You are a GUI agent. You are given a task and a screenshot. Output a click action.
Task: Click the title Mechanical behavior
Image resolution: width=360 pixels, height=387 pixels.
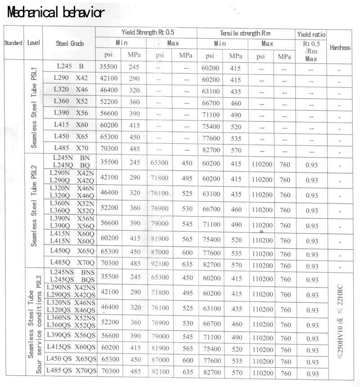click(56, 13)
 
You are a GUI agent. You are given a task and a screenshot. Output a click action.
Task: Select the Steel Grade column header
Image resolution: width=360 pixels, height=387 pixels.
click(70, 44)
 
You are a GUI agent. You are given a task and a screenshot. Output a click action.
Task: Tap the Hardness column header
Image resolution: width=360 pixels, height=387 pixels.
click(340, 48)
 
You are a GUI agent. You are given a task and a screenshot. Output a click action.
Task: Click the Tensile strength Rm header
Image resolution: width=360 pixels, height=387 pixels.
click(246, 33)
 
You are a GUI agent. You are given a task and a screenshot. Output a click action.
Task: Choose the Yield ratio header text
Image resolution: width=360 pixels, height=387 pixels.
click(311, 34)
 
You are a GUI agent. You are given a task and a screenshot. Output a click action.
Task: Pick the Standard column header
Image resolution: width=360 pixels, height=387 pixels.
click(13, 43)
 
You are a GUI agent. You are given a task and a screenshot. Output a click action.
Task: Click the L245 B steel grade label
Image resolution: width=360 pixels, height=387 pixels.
click(70, 66)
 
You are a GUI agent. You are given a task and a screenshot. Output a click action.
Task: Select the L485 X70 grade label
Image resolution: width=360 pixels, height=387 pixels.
click(71, 148)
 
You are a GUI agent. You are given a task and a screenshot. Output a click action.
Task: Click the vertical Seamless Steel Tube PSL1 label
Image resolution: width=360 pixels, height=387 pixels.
click(34, 108)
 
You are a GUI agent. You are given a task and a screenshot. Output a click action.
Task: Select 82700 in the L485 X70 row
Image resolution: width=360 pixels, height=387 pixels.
click(212, 150)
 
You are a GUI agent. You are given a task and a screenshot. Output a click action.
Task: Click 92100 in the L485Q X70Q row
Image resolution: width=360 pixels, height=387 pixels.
click(159, 264)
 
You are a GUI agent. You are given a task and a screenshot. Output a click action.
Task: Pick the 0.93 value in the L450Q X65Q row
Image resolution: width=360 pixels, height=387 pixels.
click(311, 254)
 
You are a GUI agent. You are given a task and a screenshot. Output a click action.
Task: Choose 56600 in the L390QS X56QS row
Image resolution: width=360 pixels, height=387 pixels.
click(110, 337)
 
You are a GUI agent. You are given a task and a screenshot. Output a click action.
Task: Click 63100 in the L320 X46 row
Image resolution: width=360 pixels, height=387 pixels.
click(212, 90)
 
